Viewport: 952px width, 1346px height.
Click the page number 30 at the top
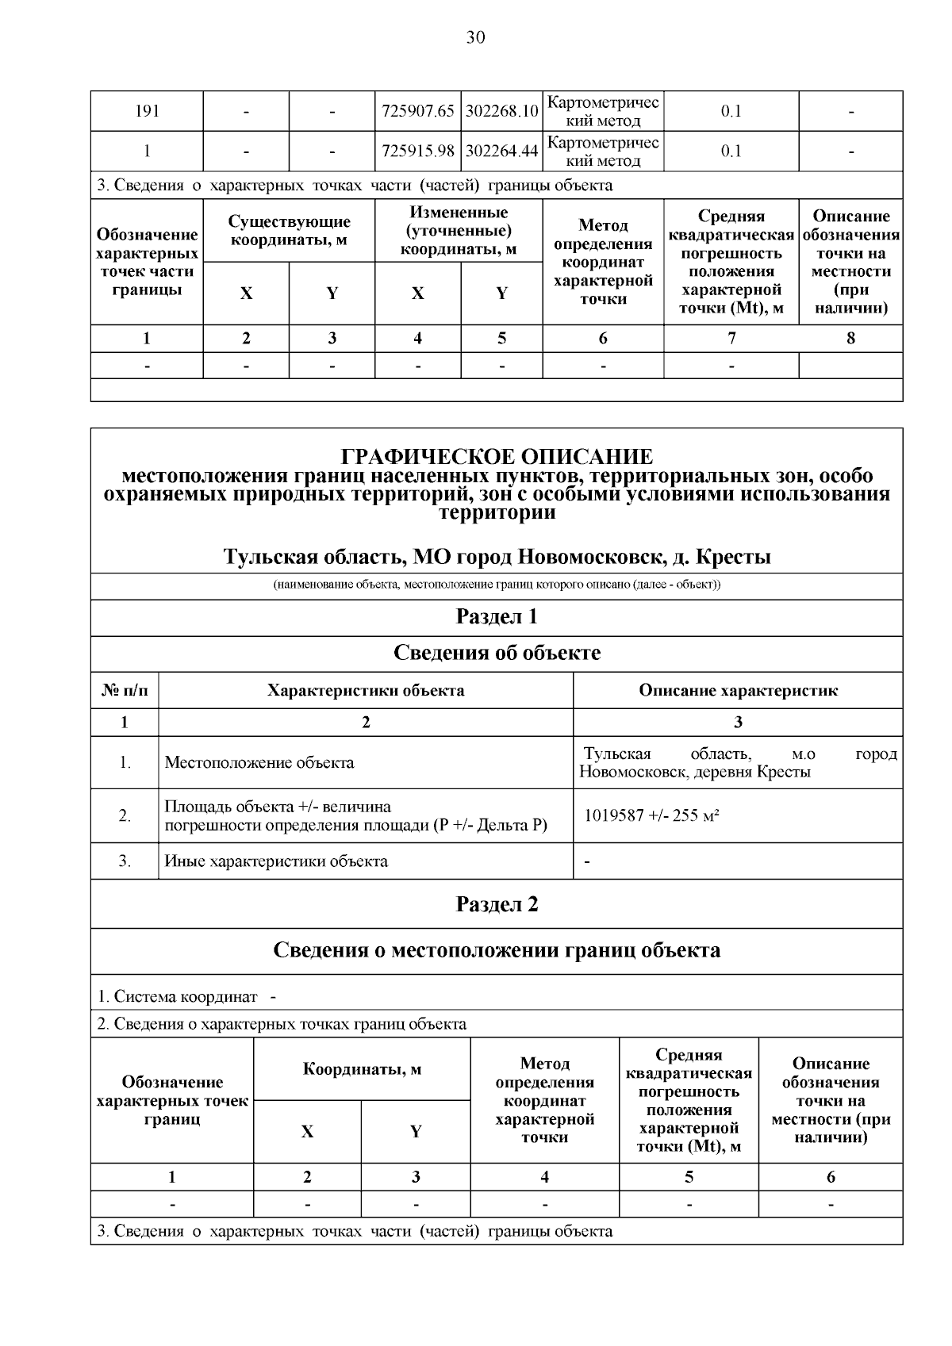[x=475, y=37]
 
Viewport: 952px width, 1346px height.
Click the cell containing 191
[x=147, y=111]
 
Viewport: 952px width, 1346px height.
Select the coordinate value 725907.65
[x=417, y=111]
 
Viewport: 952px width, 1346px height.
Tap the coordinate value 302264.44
[x=501, y=151]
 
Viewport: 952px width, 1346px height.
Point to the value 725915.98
[x=417, y=151]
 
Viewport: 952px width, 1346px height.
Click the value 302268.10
[x=501, y=111]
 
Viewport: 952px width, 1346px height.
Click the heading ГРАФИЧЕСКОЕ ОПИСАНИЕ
[x=497, y=457]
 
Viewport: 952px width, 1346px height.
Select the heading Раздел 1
[x=497, y=617]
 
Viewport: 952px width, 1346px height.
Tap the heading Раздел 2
[x=497, y=904]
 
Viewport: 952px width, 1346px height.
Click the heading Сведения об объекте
[x=497, y=653]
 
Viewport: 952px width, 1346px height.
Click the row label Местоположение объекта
[x=259, y=763]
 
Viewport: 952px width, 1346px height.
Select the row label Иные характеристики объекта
[x=276, y=861]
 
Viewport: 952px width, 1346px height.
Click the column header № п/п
[x=125, y=690]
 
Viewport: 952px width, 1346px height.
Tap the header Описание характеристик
[x=738, y=690]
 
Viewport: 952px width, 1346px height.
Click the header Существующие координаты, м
[x=289, y=231]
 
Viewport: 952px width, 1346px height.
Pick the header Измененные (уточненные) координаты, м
[x=458, y=231]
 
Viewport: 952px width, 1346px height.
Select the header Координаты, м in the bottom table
[x=362, y=1069]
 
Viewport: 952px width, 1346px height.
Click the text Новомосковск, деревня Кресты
[x=694, y=772]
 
